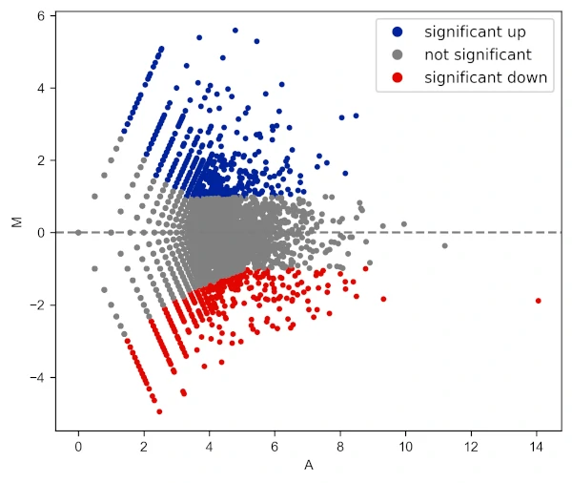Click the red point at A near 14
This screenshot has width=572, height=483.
pos(538,301)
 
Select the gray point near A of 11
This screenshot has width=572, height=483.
pos(444,246)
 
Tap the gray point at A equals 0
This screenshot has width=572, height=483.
pos(78,232)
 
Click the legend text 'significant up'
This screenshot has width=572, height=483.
pos(475,32)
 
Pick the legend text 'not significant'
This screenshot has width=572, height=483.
pos(478,55)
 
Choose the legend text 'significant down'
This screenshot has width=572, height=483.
pos(486,78)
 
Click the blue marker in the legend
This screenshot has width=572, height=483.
pos(398,32)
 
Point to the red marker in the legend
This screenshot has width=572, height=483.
pos(398,78)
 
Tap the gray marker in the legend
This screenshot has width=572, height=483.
pos(398,55)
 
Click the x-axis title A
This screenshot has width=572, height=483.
pos(308,466)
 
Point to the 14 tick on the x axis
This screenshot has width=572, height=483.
pos(537,446)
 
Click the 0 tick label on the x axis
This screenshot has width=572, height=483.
pos(78,446)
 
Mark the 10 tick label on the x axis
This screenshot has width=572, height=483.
pos(405,446)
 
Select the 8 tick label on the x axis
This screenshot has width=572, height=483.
pos(340,446)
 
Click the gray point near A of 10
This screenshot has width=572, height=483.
pos(404,224)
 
